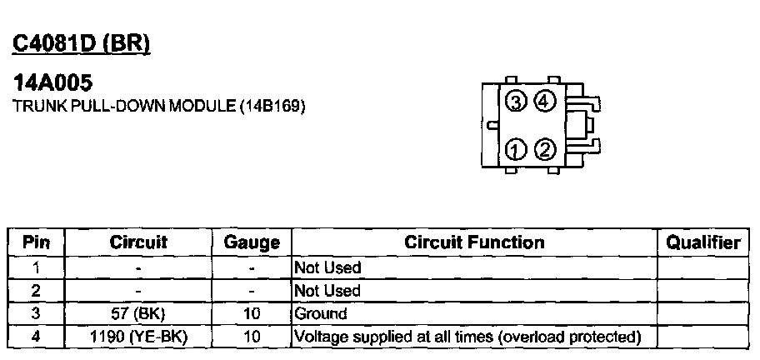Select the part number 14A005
(53, 84)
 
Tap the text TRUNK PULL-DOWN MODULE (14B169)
(158, 107)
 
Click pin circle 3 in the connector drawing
(517, 102)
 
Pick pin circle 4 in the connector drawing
(544, 102)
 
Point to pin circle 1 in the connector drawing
(517, 150)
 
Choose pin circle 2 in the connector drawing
(544, 150)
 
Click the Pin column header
(36, 242)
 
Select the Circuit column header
(138, 242)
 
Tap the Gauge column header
(252, 242)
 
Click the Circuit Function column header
(474, 242)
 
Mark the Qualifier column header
(702, 242)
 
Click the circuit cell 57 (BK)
(138, 314)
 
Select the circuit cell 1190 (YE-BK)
(138, 337)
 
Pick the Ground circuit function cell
(320, 314)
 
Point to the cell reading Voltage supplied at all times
(467, 337)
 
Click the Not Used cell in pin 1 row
(327, 267)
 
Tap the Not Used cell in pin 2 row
(327, 291)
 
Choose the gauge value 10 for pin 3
(252, 314)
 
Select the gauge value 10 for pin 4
(252, 337)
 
